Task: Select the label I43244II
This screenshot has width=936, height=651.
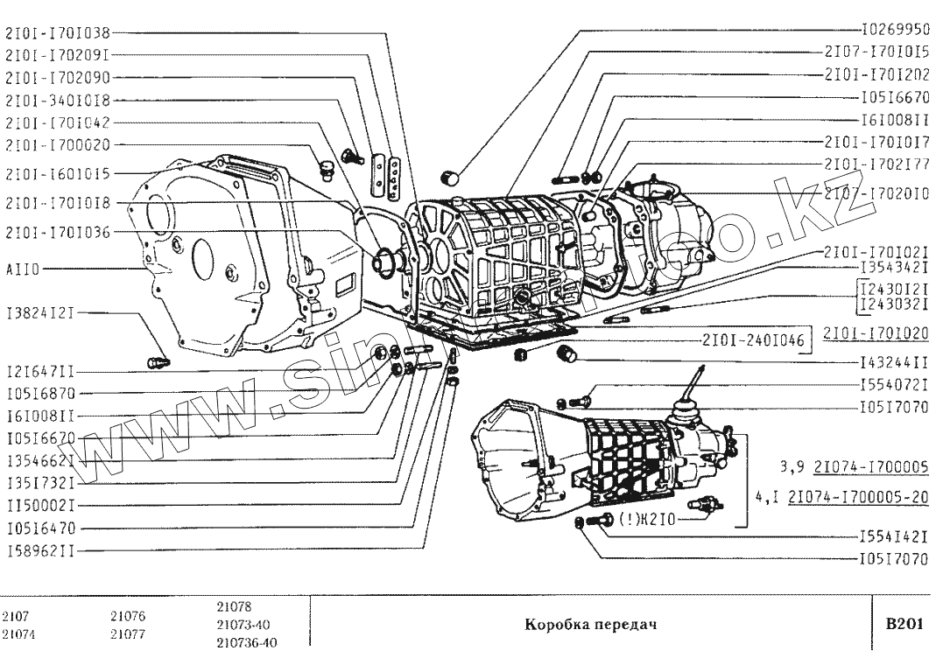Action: pyautogui.click(x=889, y=360)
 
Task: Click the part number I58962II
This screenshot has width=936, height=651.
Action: pyautogui.click(x=40, y=552)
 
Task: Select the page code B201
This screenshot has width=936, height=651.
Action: pyautogui.click(x=904, y=624)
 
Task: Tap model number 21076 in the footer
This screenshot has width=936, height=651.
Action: pyautogui.click(x=129, y=616)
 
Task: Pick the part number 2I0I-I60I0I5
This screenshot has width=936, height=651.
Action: pyautogui.click(x=58, y=173)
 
